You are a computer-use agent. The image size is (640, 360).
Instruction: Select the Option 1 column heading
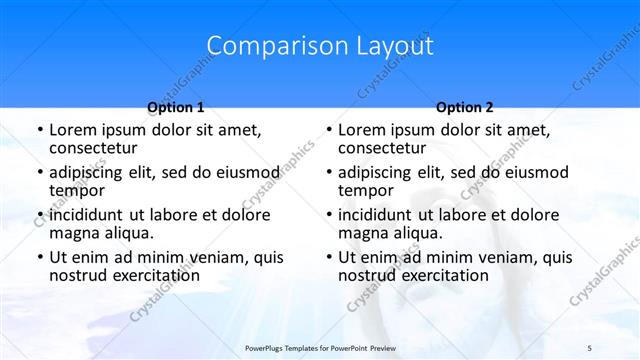[176, 107]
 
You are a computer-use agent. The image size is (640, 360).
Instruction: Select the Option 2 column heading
[465, 107]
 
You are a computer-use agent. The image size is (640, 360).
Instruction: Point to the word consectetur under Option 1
[96, 149]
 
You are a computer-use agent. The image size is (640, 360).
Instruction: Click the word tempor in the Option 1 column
[74, 191]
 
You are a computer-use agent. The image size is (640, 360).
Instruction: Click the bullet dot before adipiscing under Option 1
[38, 172]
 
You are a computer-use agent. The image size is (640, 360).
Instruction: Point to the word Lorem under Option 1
[72, 130]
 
